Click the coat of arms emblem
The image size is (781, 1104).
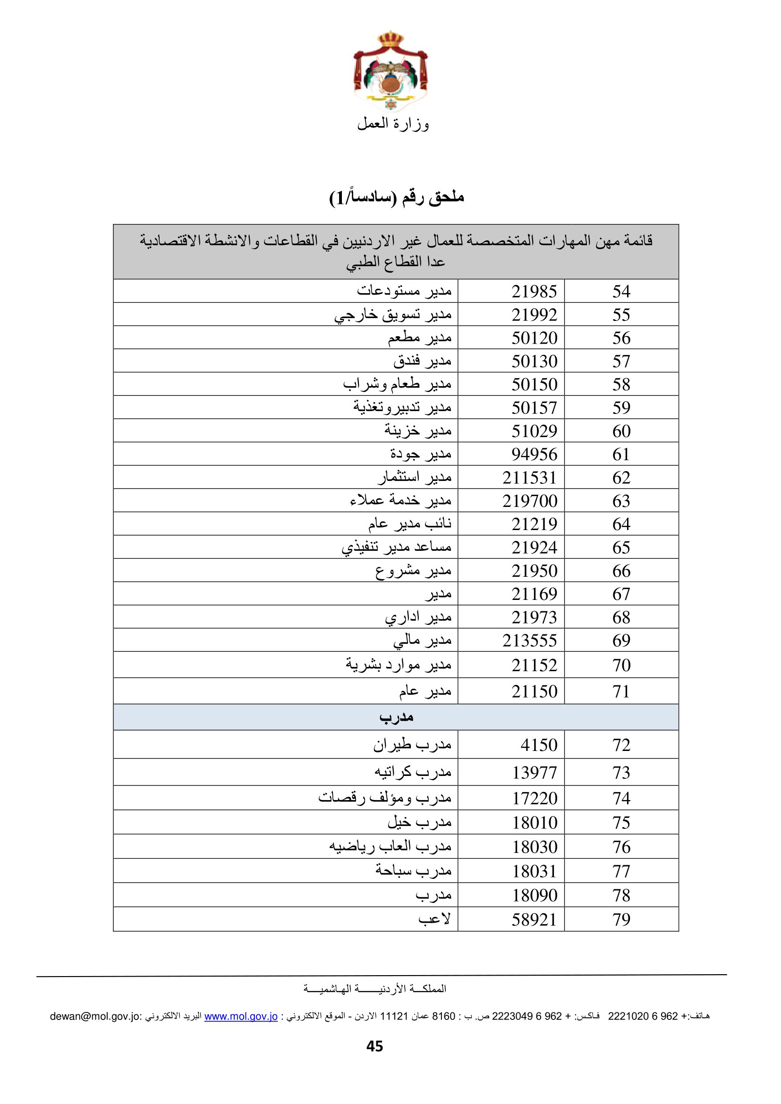390,72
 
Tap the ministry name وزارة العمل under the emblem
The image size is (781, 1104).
392,124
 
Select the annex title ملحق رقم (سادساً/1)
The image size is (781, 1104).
396,197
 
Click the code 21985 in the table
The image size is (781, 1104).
534,291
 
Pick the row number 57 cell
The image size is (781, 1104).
621,361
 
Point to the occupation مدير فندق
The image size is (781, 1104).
422,361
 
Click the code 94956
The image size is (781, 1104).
534,455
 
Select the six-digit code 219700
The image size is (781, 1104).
529,501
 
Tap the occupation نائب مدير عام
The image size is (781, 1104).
410,523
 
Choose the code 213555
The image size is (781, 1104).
529,640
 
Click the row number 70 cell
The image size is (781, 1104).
621,666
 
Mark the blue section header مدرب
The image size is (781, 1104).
396,717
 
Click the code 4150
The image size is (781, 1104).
539,745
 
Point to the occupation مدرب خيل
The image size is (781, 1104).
419,822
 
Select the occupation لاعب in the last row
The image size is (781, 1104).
434,919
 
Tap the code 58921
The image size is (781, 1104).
534,919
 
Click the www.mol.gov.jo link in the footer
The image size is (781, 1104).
241,1016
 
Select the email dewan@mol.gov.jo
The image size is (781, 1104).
95,1016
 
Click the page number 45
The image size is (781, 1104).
374,1046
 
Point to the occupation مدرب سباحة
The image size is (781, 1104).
413,870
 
